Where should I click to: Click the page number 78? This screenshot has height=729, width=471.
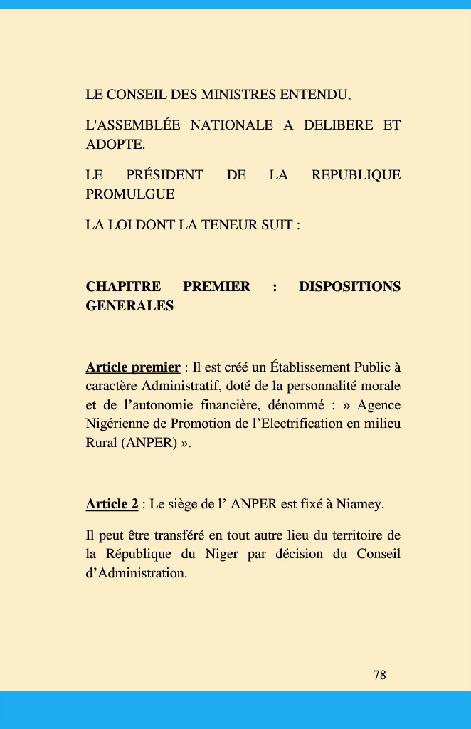379,675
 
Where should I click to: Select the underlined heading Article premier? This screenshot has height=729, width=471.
132,367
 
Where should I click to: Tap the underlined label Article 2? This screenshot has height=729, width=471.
112,505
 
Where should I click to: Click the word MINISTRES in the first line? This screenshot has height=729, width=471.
238,95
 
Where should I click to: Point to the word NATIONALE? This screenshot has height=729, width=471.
231,126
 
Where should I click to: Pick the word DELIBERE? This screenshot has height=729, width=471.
338,126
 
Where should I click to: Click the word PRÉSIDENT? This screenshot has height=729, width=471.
164,175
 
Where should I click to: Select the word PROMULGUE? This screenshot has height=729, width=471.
129,194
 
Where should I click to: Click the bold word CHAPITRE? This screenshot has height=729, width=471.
123,287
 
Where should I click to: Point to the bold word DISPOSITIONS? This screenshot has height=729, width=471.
349,287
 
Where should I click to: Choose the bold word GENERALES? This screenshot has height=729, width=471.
129,306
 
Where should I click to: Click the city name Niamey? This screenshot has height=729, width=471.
359,505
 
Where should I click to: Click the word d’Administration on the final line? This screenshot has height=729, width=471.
136,573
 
